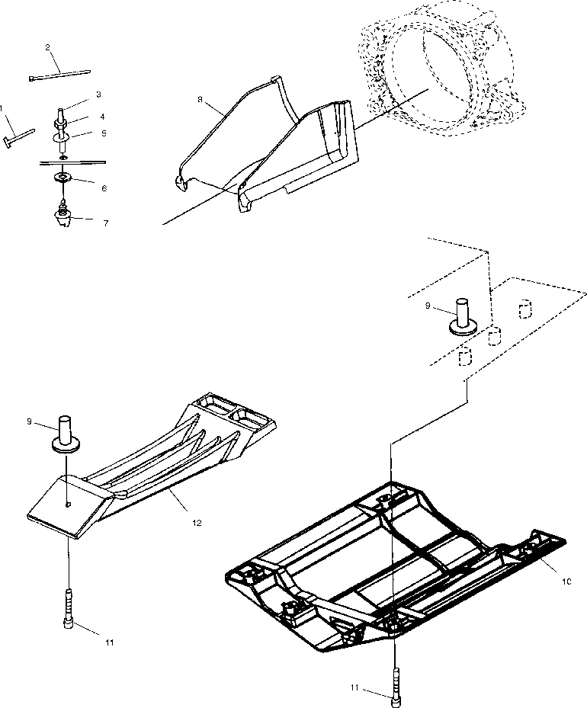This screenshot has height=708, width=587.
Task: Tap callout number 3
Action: [x=98, y=95]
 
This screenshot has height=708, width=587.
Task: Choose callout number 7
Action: [x=105, y=223]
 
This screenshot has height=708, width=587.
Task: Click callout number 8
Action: [x=200, y=99]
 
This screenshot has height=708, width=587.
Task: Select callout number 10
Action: [x=566, y=581]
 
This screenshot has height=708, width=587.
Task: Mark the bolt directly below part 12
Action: [x=69, y=610]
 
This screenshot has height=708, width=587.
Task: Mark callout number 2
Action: [x=47, y=47]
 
